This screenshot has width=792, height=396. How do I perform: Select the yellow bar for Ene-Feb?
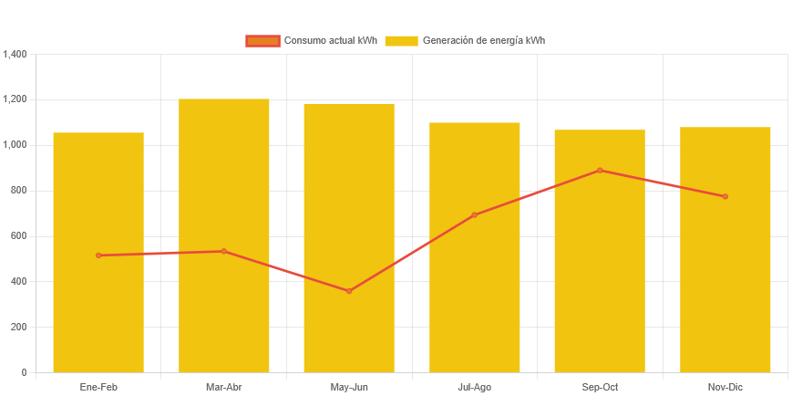tap(98, 310)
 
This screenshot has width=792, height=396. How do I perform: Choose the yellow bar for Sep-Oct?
tap(600, 274)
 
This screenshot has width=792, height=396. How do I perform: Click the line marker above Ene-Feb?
tap(98, 255)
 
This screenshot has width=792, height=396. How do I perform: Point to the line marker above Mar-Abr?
tap(224, 251)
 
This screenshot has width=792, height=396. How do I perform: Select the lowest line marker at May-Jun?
tap(349, 291)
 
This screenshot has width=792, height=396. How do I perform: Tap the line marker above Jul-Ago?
tap(475, 214)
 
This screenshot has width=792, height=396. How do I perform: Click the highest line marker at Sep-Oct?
tap(600, 170)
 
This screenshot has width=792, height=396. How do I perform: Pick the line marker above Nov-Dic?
tap(725, 196)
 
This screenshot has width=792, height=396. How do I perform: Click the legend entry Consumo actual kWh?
tap(311, 41)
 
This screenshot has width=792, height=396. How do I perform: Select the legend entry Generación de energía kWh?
tap(465, 41)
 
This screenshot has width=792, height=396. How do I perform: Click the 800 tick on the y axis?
tap(18, 191)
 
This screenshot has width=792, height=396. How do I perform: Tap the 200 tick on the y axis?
tap(18, 327)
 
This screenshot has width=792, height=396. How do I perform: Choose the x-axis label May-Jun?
tap(349, 387)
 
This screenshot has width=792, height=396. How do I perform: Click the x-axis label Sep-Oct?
tap(600, 387)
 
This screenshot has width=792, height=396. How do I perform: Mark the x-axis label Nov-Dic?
tap(725, 387)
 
